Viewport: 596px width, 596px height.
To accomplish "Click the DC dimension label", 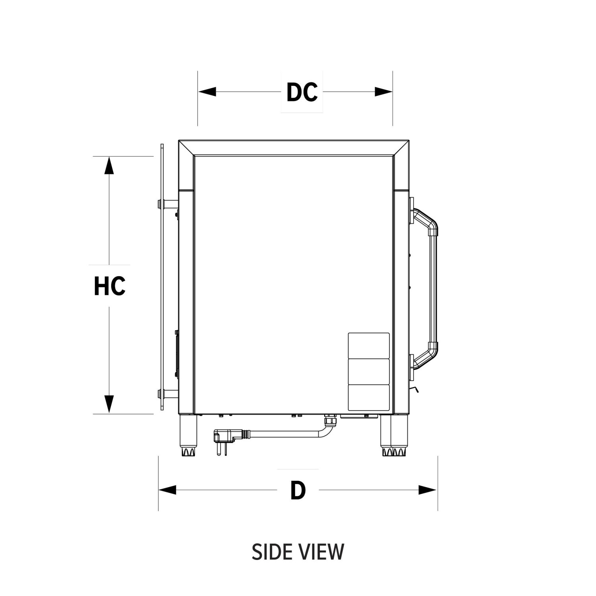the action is (x=302, y=92).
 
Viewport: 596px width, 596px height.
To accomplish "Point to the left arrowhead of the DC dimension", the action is (x=207, y=92).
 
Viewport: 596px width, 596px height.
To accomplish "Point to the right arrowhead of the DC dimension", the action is (x=384, y=92).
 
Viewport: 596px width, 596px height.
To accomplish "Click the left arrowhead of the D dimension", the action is (x=167, y=490).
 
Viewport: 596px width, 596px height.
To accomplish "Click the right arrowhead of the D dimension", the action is (x=428, y=490).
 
